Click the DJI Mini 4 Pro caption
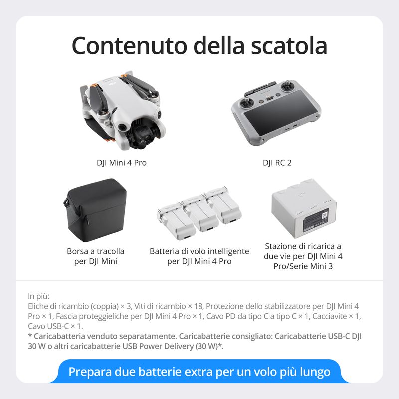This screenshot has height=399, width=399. coord(122,163)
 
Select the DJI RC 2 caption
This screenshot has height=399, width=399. coord(277,163)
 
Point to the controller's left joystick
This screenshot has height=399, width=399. coord(247,102)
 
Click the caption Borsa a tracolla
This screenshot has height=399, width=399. coord(96,251)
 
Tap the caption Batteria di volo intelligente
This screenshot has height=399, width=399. coord(199,251)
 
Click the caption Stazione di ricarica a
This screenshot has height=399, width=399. coord(303,246)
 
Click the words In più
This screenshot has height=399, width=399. coord(39,296)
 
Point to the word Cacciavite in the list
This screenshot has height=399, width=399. coord(336,316)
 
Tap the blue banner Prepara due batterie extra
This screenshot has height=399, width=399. coord(199,372)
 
